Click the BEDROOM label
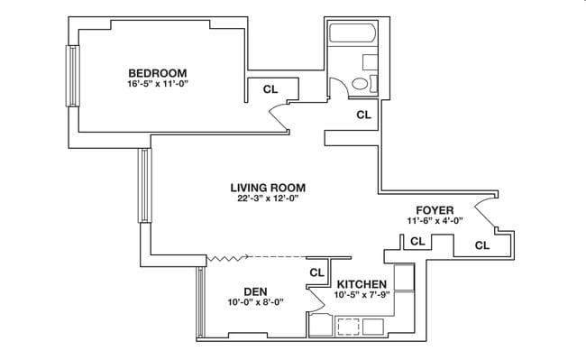[157, 73]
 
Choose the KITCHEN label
[361, 284]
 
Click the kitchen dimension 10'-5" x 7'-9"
[361, 295]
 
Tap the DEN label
[254, 291]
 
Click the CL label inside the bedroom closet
[270, 89]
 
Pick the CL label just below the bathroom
[363, 115]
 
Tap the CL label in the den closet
[316, 272]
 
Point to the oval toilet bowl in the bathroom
[360, 84]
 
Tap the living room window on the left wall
[142, 187]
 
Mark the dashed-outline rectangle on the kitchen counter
[349, 326]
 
